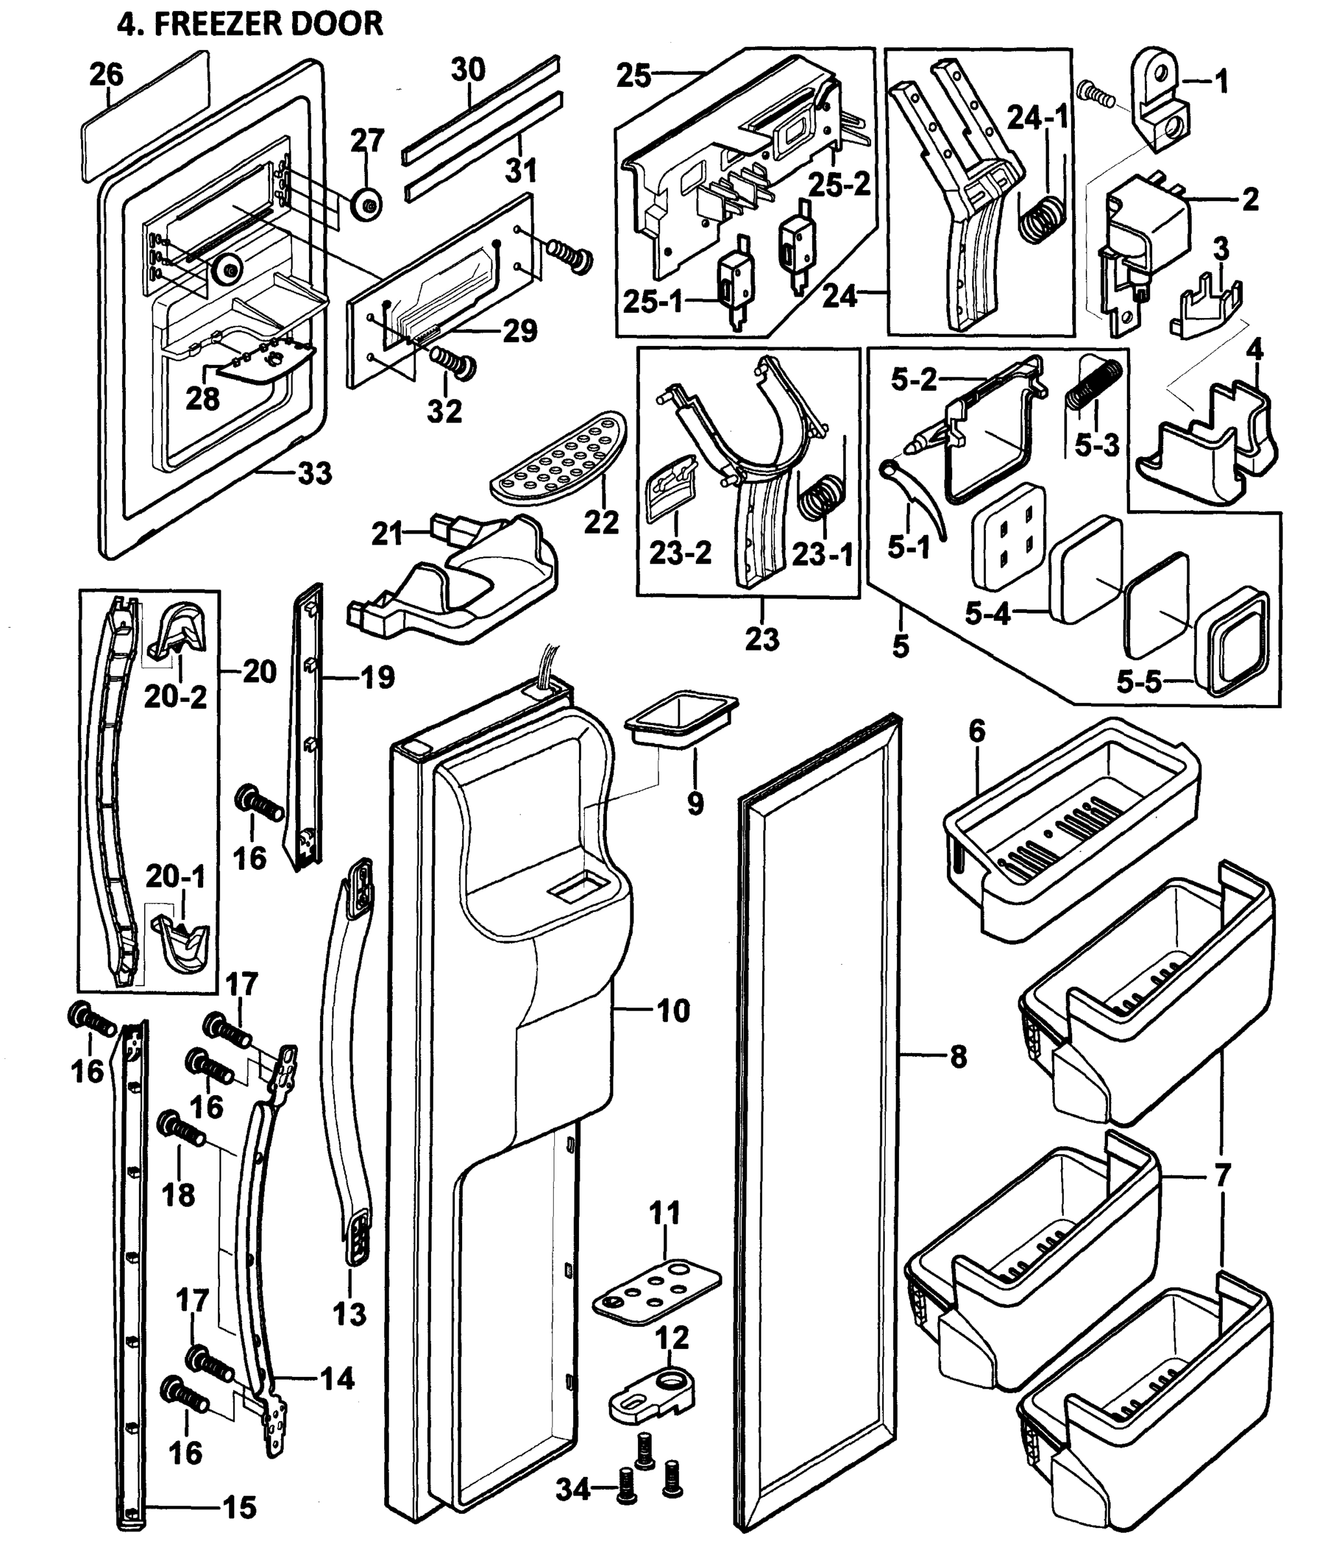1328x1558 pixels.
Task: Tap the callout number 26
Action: (x=107, y=75)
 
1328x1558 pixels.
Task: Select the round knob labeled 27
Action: (x=367, y=204)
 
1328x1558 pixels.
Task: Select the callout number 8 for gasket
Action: (x=957, y=1057)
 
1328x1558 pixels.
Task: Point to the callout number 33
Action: (x=314, y=474)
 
